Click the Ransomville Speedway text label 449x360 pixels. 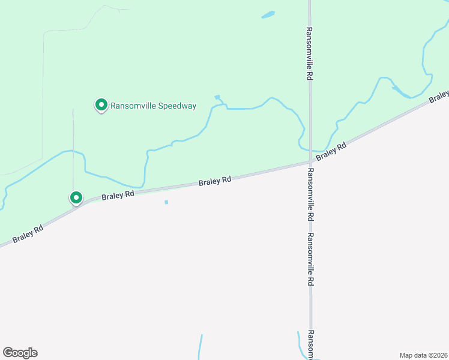click(153, 106)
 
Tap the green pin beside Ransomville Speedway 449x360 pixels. click(101, 106)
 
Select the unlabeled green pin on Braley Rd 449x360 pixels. click(76, 197)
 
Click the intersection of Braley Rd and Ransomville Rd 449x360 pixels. click(310, 162)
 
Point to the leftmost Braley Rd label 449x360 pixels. click(28, 233)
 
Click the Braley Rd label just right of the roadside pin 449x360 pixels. click(118, 196)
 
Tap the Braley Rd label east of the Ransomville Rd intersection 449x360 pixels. click(332, 151)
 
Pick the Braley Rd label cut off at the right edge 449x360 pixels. click(439, 96)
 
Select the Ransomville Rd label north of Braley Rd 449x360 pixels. click(310, 54)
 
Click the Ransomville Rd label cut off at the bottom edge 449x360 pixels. click(311, 344)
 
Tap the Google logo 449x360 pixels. click(20, 353)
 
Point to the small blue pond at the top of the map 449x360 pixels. click(268, 14)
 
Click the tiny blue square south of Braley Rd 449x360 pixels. click(166, 202)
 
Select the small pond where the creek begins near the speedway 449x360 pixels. click(217, 97)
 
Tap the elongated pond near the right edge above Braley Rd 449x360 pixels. click(400, 92)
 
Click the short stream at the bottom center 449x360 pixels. click(200, 347)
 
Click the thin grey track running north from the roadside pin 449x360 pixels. click(73, 150)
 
